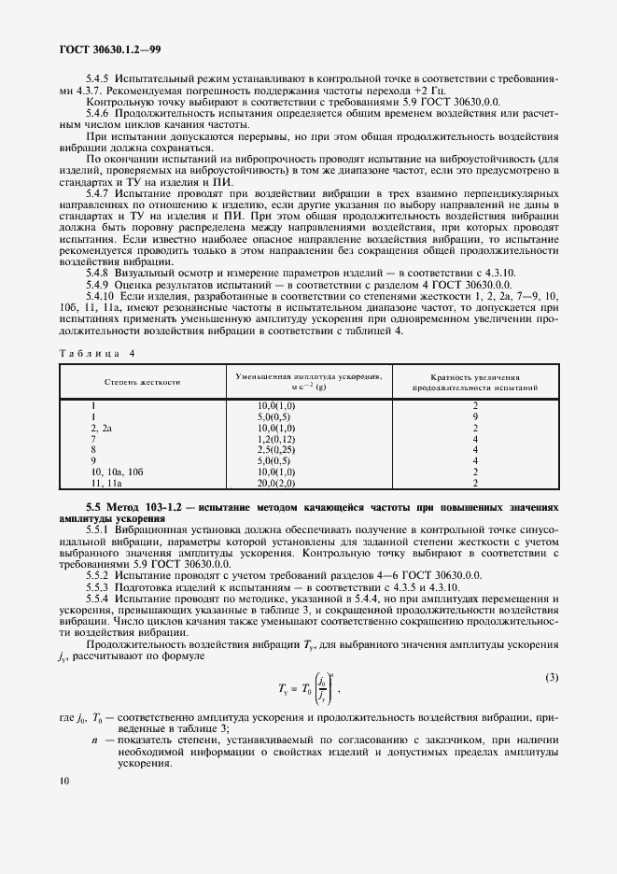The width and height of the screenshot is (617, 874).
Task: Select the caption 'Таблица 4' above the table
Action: [97, 353]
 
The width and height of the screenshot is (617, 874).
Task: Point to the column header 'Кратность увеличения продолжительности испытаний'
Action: [475, 381]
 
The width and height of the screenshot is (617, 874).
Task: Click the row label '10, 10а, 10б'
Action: [116, 472]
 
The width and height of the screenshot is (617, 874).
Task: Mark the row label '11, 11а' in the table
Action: [105, 484]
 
